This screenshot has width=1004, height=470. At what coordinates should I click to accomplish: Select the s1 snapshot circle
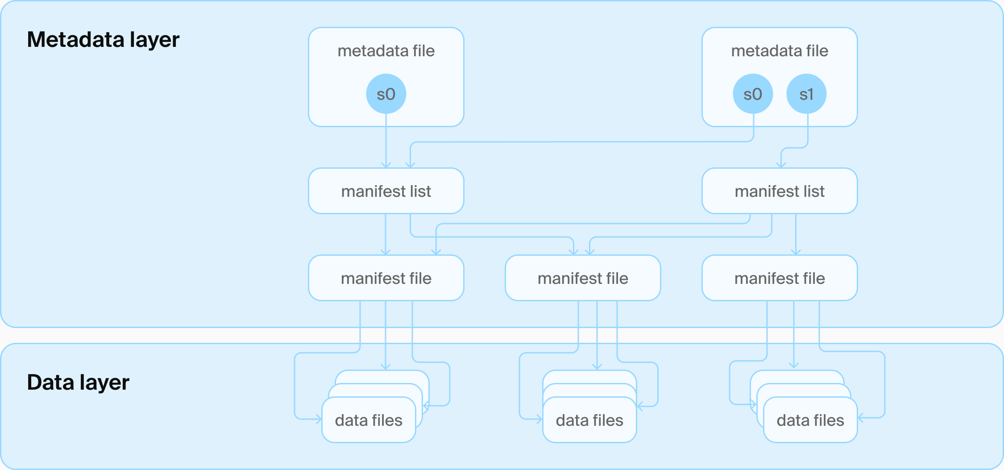[x=806, y=94]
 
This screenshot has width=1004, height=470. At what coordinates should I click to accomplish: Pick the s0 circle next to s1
[x=753, y=94]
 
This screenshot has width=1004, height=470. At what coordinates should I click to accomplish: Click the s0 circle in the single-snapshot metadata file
[x=386, y=94]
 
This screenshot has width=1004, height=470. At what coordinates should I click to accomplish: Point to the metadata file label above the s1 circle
[x=780, y=51]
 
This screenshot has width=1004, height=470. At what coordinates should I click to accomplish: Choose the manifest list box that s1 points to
[x=780, y=191]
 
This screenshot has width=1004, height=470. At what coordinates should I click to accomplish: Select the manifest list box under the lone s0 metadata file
[x=386, y=191]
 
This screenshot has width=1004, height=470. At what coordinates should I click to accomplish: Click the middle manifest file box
[x=583, y=278]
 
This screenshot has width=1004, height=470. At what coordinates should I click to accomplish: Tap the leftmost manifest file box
[x=386, y=278]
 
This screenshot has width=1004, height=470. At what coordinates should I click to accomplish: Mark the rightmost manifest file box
[x=780, y=278]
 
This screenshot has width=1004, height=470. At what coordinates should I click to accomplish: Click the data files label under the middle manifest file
[x=589, y=420]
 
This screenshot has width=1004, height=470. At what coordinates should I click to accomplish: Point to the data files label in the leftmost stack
[x=369, y=420]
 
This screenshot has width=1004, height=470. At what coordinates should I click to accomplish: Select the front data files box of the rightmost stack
[x=810, y=420]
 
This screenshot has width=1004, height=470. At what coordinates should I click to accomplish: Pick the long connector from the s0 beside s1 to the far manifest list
[x=580, y=142]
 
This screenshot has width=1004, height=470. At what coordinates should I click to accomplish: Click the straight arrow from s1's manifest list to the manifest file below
[x=796, y=234]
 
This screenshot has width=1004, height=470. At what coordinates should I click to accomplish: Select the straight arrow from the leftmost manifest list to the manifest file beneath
[x=386, y=234]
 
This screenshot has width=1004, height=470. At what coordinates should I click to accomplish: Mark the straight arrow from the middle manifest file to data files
[x=597, y=335]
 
